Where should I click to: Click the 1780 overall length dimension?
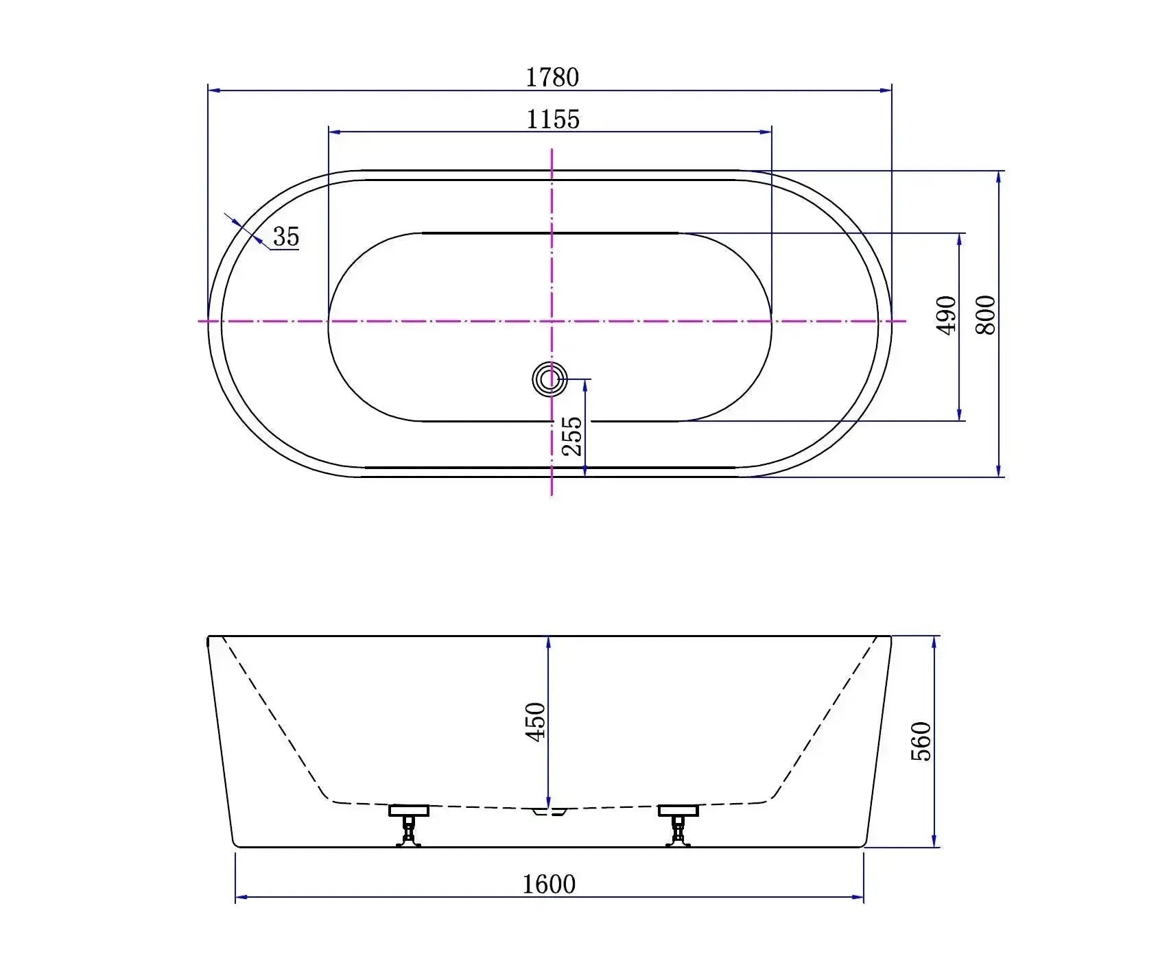coord(552,77)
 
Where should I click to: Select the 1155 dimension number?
coord(553,119)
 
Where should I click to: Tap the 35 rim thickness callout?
coord(286,237)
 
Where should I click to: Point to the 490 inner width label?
coord(947,315)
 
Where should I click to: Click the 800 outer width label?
coord(986,315)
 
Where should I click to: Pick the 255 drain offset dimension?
coord(572,437)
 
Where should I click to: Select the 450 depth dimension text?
coord(535,721)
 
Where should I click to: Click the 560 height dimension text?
coord(921,741)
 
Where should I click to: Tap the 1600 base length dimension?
coord(549,884)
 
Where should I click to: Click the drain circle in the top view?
coord(550,379)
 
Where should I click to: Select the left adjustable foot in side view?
coord(409,826)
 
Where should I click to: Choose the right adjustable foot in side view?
coord(678,826)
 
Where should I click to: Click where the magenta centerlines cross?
coord(552,320)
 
